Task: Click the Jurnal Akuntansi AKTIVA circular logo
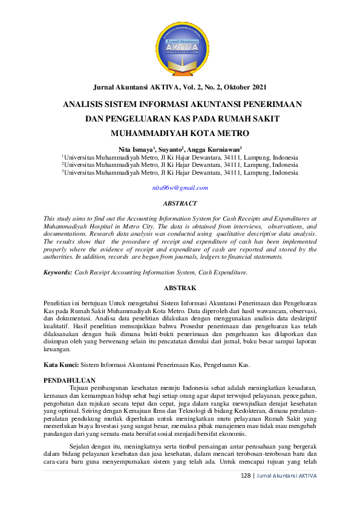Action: pos(180,48)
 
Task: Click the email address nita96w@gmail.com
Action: pos(180,188)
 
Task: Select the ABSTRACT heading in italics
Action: pos(180,204)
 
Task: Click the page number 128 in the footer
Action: pos(246,475)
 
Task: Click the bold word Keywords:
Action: pos(57,273)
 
